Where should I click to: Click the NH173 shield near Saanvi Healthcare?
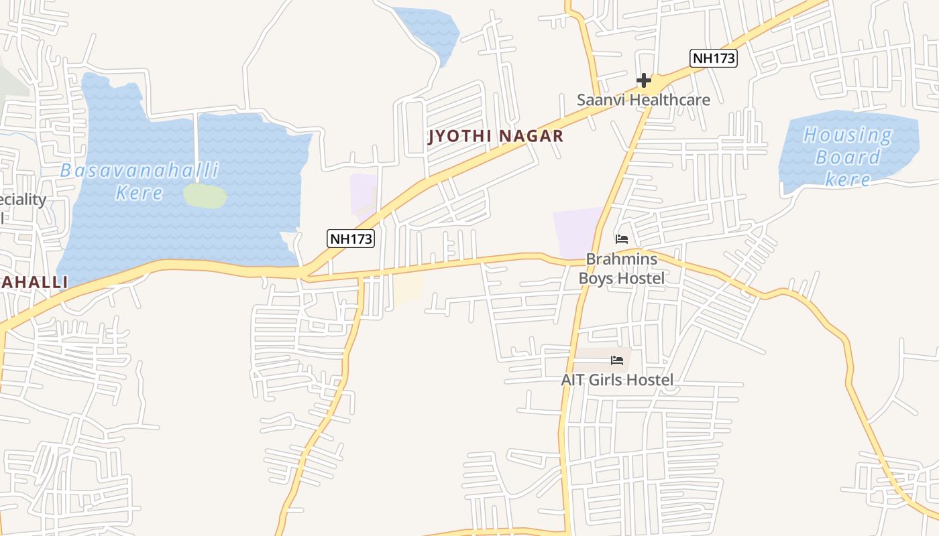(x=714, y=58)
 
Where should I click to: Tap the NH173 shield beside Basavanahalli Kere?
(x=351, y=238)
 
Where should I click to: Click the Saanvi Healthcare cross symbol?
(x=644, y=81)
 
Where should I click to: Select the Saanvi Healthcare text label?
(x=643, y=100)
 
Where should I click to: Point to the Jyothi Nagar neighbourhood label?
(x=496, y=137)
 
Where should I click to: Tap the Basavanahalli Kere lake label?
(x=140, y=182)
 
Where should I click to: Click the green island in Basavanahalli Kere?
(x=205, y=196)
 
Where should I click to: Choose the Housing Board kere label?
(x=848, y=157)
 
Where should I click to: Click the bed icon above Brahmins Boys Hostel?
(x=622, y=239)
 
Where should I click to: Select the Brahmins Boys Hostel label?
(x=622, y=269)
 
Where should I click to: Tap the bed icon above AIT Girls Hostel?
(x=617, y=360)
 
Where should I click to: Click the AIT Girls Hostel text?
(x=617, y=381)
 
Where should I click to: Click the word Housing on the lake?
(x=848, y=135)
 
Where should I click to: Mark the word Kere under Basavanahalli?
(x=139, y=194)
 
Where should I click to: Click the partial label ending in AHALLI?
(x=34, y=283)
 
